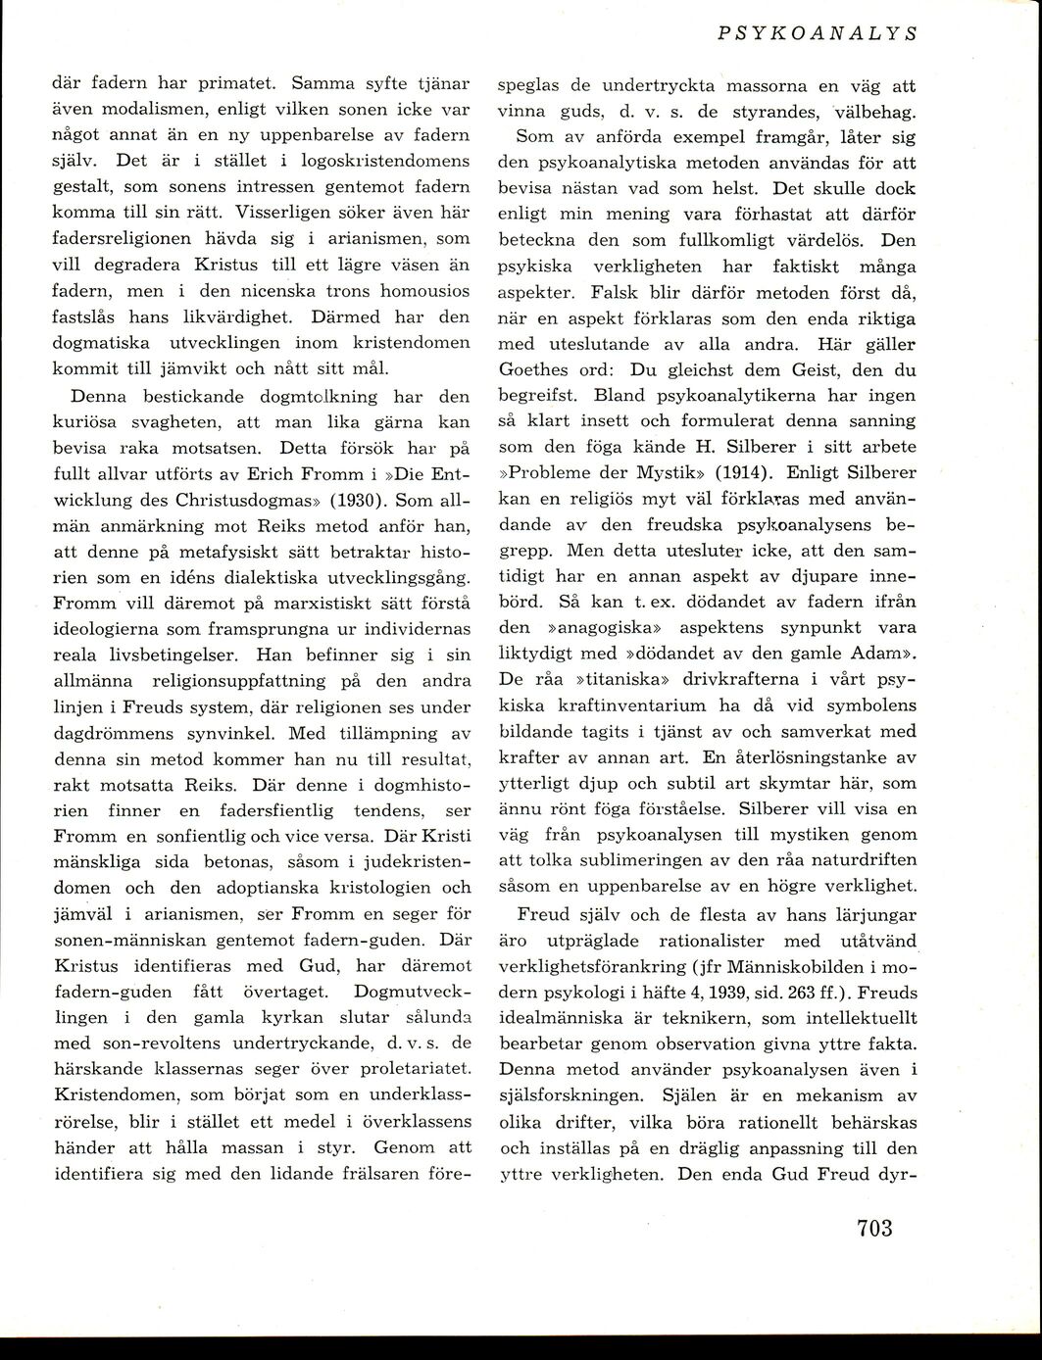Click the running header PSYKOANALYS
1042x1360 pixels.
817,32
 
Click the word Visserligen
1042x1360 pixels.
278,212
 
